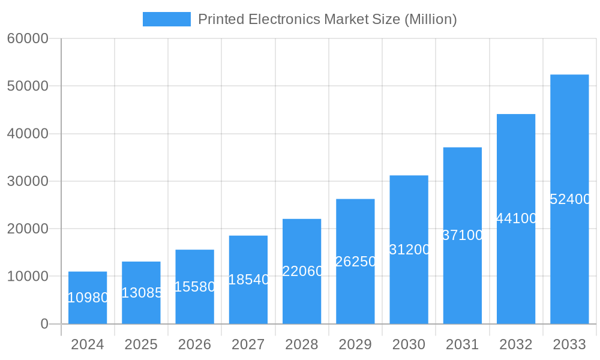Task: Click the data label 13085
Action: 142,293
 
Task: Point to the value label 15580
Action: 195,287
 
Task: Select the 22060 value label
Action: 302,271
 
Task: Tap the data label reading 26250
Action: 356,262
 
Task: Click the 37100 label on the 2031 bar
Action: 463,235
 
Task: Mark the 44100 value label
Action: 517,218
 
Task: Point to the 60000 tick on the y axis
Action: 28,38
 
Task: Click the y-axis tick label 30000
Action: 28,181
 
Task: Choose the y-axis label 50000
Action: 28,86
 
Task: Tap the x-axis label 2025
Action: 141,344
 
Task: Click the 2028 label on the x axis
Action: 302,344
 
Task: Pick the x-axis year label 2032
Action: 516,344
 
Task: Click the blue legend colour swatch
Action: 166,19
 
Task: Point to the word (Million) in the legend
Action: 431,19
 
